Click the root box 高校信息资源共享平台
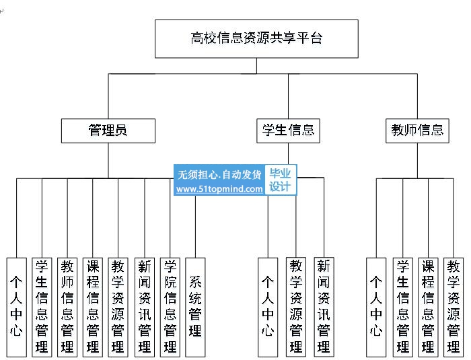(x=256, y=39)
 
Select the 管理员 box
(x=108, y=131)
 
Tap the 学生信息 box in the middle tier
(x=288, y=131)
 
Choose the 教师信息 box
(x=417, y=131)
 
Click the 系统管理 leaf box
(x=195, y=307)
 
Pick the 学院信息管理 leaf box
(x=170, y=307)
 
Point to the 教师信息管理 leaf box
(x=67, y=307)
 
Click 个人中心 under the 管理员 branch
(x=17, y=307)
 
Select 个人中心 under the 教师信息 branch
(x=376, y=307)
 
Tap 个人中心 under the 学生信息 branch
(x=268, y=307)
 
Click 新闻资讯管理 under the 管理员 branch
(x=145, y=307)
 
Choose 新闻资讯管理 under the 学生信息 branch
(x=324, y=307)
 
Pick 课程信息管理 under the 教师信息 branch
(x=428, y=307)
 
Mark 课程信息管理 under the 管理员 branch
(x=93, y=307)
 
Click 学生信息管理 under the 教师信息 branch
(x=403, y=307)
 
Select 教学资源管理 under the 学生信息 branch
(x=296, y=307)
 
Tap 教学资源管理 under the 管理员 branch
(x=118, y=307)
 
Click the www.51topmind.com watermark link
(x=219, y=189)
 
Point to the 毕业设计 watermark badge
(x=281, y=180)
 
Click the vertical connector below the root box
(x=256, y=66)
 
